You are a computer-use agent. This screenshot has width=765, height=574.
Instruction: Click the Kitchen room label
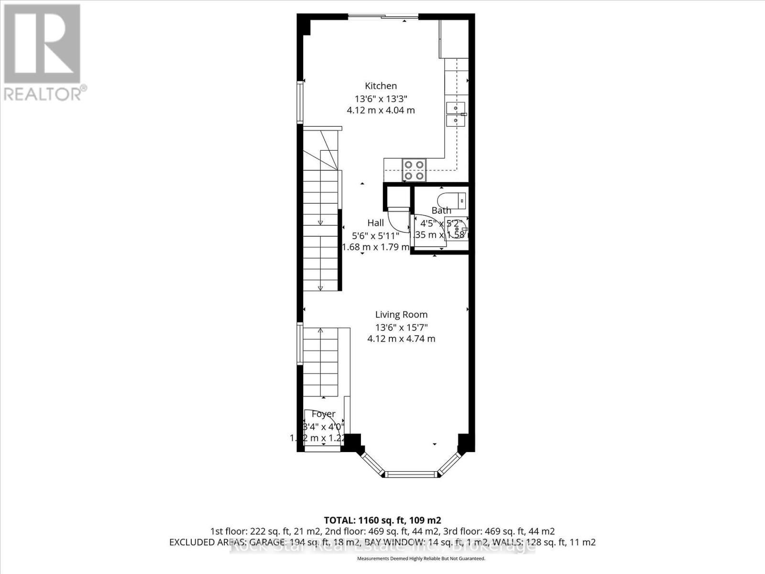[x=381, y=86]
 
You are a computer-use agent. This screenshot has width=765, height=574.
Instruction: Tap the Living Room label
[x=401, y=315]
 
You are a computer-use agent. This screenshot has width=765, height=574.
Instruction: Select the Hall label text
[x=375, y=223]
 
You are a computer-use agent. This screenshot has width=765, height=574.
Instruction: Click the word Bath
[x=441, y=210]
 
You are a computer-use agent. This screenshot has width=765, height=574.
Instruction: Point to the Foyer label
[x=323, y=414]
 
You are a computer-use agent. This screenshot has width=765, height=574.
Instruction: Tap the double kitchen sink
[x=456, y=114]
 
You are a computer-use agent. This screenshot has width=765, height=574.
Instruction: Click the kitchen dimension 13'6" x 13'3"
[x=381, y=99]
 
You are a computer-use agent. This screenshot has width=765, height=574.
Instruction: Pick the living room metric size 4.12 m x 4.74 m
[x=401, y=339]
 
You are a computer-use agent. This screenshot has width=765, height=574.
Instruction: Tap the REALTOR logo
[x=43, y=53]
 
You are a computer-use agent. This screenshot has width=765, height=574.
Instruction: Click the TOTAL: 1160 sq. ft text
[x=382, y=520]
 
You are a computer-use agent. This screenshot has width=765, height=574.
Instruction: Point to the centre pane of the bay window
[x=411, y=475]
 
